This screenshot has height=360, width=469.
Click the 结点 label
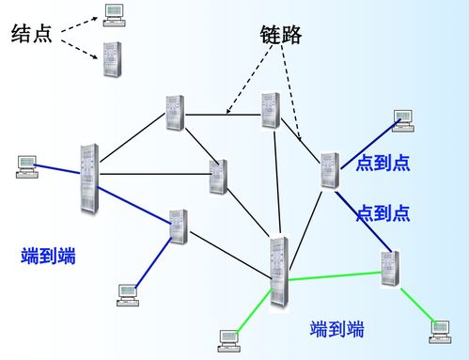coord(32,35)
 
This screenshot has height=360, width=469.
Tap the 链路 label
coord(280,35)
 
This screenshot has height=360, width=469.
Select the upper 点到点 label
coord(383,163)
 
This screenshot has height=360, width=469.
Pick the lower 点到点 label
coord(383,212)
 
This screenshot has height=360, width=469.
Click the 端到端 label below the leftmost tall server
coord(48,256)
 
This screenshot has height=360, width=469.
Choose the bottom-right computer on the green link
coord(440,328)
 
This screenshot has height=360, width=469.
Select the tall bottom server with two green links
coord(277,271)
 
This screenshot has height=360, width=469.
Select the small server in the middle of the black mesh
coord(218,176)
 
